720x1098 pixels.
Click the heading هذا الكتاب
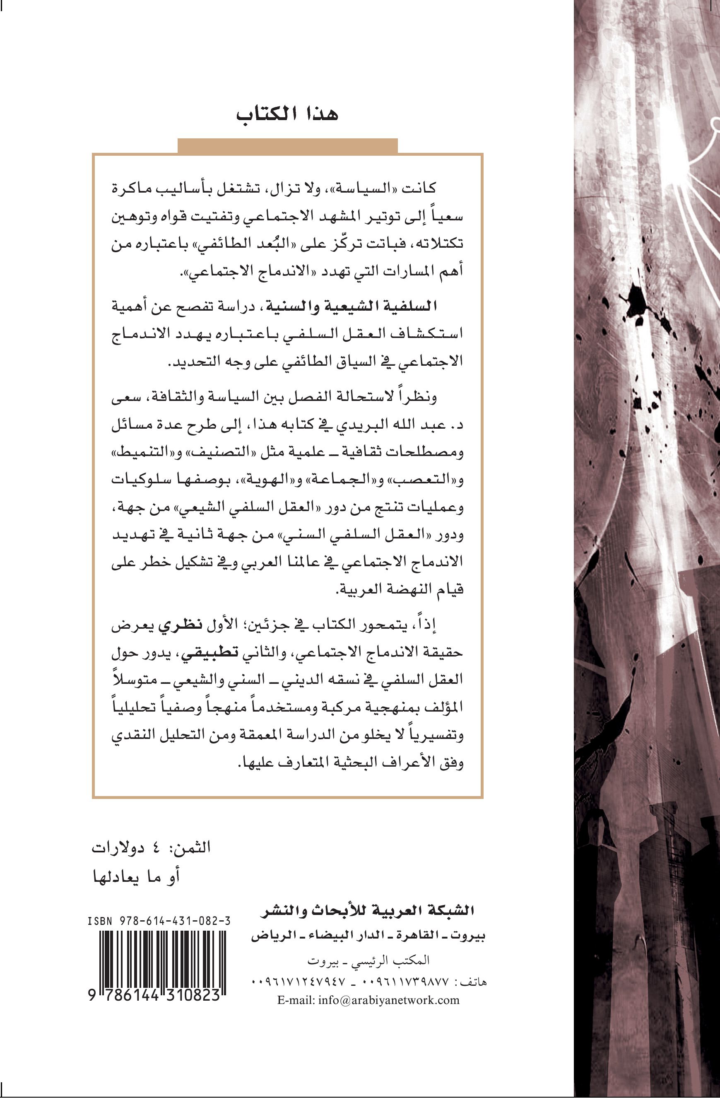[x=287, y=114]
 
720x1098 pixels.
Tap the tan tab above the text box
[x=287, y=145]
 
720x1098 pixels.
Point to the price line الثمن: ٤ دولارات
[x=151, y=848]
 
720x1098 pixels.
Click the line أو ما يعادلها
[x=137, y=876]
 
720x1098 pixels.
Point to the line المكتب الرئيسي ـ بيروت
[x=368, y=960]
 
